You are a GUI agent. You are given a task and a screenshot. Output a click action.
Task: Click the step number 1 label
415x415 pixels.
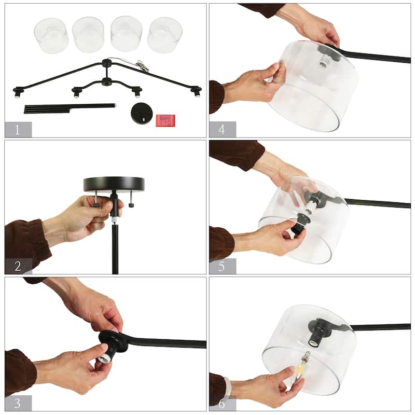point(18,130)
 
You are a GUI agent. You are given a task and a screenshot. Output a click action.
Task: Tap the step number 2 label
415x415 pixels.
point(18,266)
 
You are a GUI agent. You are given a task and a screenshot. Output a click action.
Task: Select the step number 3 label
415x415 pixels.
point(18,403)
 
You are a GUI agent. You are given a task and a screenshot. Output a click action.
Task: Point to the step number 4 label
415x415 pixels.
point(222,129)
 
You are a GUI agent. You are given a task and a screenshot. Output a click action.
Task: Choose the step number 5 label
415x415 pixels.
point(222,266)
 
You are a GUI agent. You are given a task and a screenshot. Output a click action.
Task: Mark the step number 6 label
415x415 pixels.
point(222,403)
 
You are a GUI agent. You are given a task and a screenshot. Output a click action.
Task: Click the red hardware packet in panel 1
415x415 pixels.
point(165,120)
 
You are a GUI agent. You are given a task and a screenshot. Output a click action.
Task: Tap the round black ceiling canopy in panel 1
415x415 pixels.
point(143,113)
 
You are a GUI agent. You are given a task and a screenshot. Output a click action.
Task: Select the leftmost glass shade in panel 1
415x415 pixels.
point(51,35)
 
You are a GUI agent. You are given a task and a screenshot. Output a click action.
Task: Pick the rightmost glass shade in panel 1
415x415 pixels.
point(165,35)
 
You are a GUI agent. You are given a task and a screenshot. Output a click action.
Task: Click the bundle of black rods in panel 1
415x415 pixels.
point(70,108)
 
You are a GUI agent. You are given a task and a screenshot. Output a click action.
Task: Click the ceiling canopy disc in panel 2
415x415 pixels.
point(114,184)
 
